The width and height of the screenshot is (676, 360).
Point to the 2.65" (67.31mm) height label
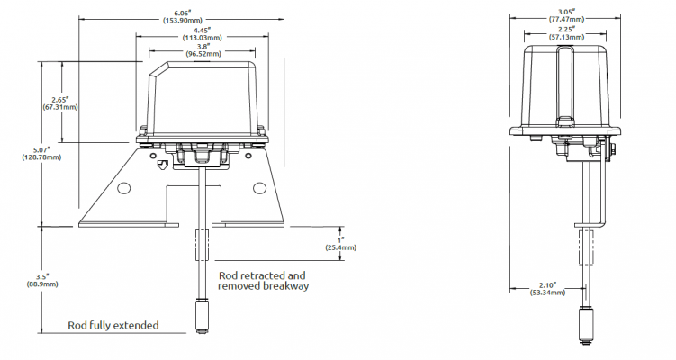60,103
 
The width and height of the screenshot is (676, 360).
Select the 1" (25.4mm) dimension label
340,243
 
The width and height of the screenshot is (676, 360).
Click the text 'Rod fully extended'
113,325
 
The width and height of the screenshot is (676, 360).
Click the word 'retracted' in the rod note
261,275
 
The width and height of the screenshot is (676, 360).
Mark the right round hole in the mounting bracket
260,187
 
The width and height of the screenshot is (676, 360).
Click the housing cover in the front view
203,94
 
